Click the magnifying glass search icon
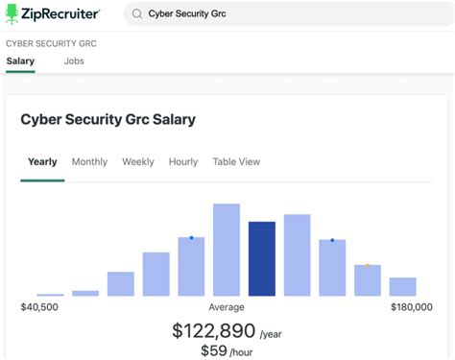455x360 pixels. coord(137,14)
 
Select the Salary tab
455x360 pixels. coord(20,61)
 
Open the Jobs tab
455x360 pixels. coord(74,61)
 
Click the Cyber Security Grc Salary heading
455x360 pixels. coord(108,120)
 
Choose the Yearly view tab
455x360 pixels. coord(42,162)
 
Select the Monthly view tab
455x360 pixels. coord(89,162)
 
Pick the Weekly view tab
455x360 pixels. coord(138,162)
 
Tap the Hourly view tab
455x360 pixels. coord(183,162)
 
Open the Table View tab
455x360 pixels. coord(236,162)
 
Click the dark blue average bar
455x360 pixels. coord(262,258)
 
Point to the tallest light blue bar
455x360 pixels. coord(227,250)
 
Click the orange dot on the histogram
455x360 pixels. coord(368,265)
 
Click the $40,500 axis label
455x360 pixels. coord(39,307)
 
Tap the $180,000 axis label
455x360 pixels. coord(413,307)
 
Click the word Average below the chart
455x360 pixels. coord(227,307)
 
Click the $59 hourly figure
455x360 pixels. coord(213,352)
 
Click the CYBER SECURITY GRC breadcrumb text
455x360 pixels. coord(51,44)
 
